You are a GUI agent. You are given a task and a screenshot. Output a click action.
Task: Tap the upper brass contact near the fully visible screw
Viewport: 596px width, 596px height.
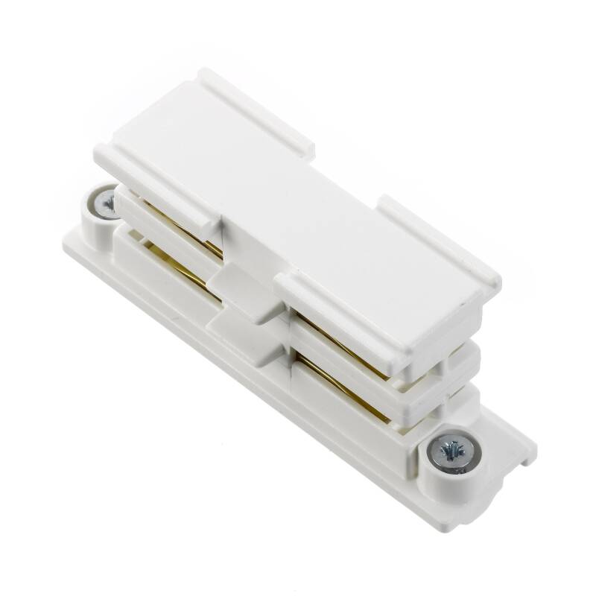pyautogui.click(x=339, y=342)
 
